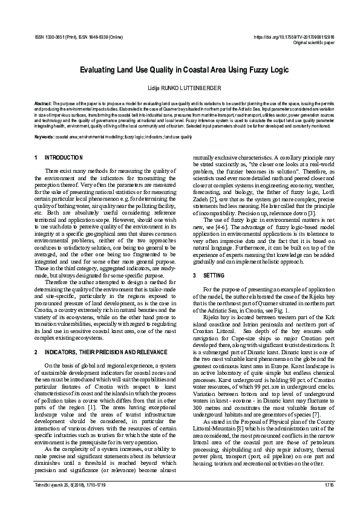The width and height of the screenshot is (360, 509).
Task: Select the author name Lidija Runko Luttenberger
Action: coord(180,88)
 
